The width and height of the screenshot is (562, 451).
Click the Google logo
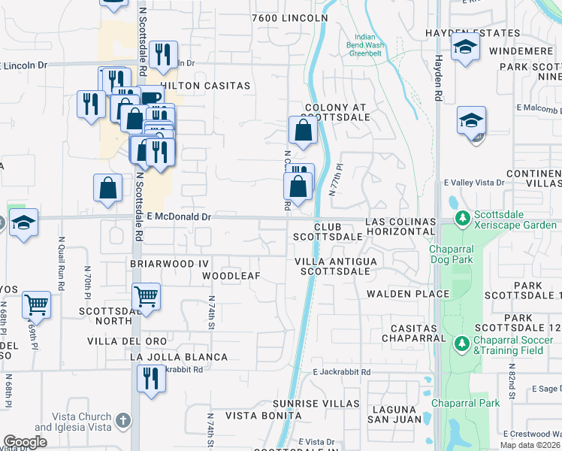click(x=26, y=442)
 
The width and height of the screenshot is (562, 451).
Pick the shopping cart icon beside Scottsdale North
click(x=146, y=295)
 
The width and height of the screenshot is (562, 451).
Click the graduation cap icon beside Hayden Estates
click(x=465, y=47)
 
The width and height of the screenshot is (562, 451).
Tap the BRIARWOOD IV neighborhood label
click(x=159, y=264)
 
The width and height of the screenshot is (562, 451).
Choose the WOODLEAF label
click(x=231, y=276)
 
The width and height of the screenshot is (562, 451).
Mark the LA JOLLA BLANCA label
click(x=168, y=356)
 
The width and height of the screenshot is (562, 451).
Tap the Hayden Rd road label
click(x=437, y=79)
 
